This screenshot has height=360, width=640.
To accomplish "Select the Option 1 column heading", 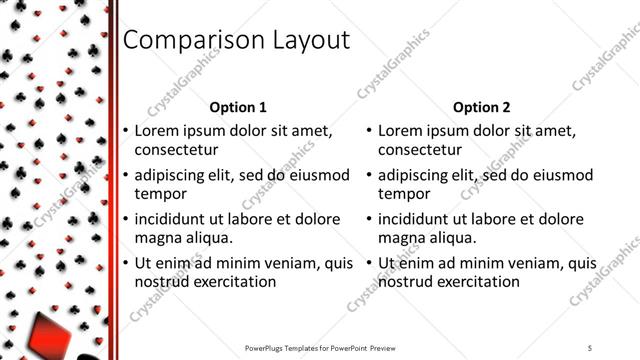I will [x=238, y=107].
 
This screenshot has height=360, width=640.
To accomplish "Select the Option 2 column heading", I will [x=481, y=107].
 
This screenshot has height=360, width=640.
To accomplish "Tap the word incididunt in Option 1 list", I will [x=172, y=219].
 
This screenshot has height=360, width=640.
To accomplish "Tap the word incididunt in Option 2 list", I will [x=415, y=219].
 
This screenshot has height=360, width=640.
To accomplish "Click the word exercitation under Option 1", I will [x=230, y=282].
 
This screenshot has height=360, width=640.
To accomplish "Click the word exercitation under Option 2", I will [x=473, y=282].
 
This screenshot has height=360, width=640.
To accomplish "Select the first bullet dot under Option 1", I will [x=126, y=131].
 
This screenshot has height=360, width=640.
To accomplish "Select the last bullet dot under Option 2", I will [x=369, y=263].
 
